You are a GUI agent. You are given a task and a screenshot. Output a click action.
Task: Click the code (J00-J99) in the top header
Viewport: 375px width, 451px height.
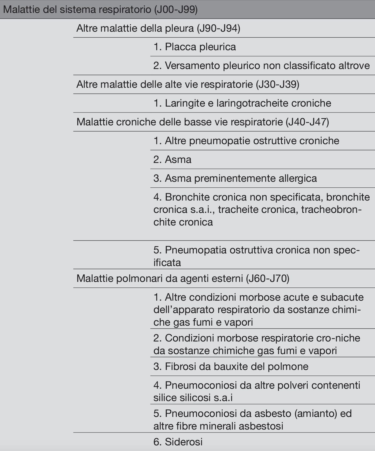176,10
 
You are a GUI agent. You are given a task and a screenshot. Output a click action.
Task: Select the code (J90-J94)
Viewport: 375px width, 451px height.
218,28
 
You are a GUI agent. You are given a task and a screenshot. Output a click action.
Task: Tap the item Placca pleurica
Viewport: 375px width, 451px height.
195,47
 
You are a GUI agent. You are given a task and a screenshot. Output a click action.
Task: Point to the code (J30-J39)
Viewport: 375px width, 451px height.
277,85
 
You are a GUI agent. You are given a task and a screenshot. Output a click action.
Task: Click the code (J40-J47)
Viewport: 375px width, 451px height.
307,122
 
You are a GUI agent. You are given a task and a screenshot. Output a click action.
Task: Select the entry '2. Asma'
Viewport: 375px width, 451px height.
172,160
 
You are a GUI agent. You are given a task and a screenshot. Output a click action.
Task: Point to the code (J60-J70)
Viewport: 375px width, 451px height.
268,279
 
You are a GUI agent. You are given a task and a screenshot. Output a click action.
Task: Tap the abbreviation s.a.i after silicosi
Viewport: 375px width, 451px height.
223,398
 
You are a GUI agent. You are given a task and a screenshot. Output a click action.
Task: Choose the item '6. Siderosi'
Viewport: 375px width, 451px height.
178,442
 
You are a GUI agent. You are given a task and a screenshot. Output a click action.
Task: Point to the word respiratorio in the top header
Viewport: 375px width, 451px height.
125,10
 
